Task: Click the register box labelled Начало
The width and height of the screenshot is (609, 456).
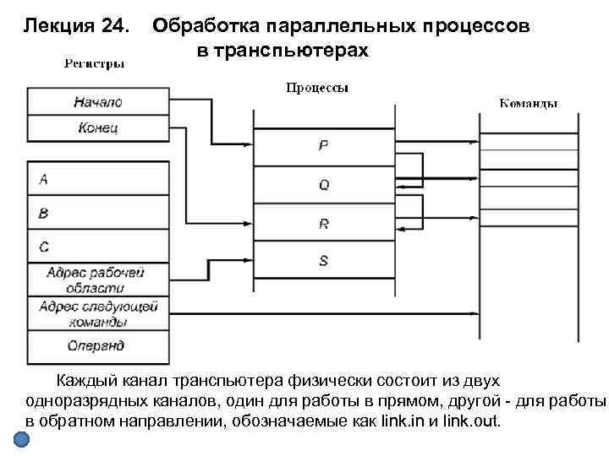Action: tap(97, 101)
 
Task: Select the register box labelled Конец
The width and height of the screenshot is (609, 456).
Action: tap(97, 128)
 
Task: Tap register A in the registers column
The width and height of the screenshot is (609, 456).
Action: tap(97, 180)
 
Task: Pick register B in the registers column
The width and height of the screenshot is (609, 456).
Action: tap(97, 213)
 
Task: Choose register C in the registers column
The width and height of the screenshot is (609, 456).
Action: tap(97, 247)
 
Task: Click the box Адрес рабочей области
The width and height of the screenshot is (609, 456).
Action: tap(97, 280)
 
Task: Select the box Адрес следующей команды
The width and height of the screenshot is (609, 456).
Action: tap(97, 312)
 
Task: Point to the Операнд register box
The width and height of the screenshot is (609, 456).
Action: tap(97, 345)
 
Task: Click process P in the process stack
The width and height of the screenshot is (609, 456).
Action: tap(323, 145)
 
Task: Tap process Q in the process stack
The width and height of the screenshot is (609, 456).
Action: tap(323, 183)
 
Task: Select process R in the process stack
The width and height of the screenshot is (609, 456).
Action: tap(323, 223)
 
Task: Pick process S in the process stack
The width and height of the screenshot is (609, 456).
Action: tap(323, 261)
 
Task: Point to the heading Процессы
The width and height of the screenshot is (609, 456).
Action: tap(318, 87)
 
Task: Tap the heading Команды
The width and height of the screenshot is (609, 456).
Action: tap(528, 104)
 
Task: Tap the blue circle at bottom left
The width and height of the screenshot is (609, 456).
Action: tap(23, 440)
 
